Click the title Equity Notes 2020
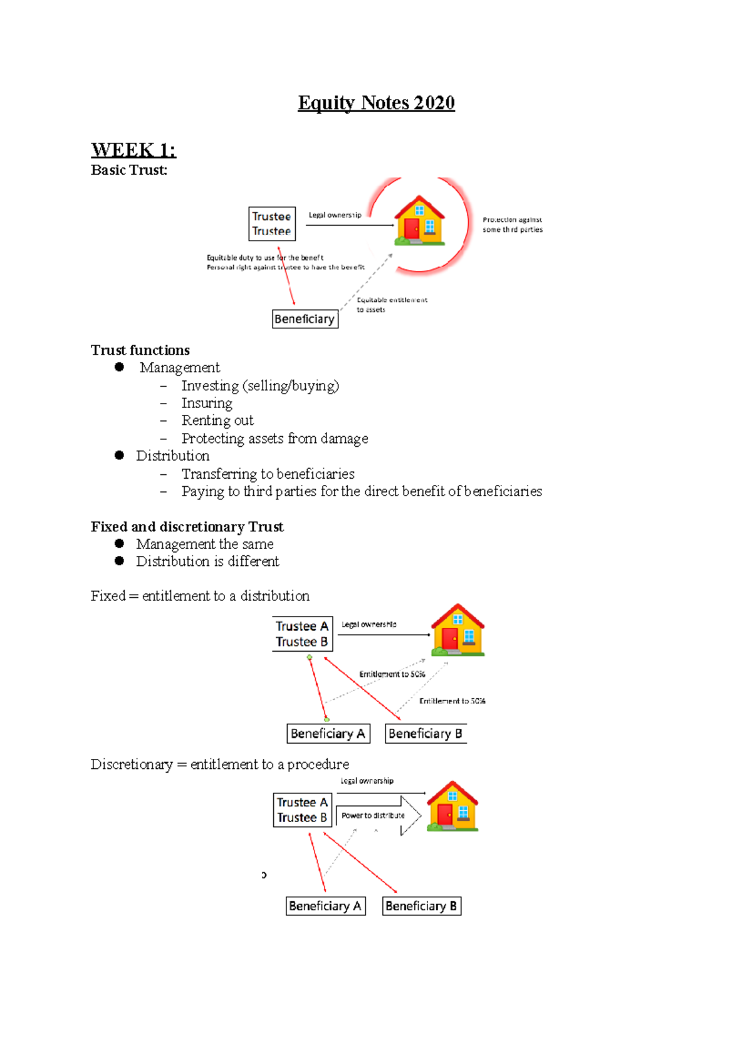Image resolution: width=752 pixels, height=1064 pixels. (376, 103)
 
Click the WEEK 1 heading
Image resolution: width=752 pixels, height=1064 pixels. (133, 150)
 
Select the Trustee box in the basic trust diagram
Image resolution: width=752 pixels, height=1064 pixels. (272, 224)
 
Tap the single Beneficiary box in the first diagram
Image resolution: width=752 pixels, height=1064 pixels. (305, 319)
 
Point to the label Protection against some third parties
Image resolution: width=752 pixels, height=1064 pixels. (512, 225)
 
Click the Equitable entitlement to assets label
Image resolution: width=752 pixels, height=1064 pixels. (392, 305)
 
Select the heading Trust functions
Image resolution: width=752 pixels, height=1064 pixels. (140, 350)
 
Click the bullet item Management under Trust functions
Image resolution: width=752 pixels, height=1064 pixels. (179, 368)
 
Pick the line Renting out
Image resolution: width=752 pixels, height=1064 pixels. (217, 420)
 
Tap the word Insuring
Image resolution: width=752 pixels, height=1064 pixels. (207, 403)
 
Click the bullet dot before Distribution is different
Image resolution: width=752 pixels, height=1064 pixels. (120, 561)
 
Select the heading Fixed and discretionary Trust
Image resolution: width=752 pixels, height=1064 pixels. (187, 527)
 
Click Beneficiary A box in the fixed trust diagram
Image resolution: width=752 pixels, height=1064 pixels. (328, 734)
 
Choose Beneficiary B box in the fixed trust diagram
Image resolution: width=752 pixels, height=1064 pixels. (426, 734)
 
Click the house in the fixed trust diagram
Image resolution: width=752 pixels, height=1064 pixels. (457, 630)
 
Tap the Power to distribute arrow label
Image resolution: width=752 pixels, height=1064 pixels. (373, 816)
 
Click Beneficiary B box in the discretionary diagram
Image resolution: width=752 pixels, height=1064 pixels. (422, 906)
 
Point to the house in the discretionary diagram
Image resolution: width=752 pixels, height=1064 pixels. (452, 806)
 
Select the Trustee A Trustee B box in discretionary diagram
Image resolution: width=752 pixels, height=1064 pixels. (302, 810)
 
